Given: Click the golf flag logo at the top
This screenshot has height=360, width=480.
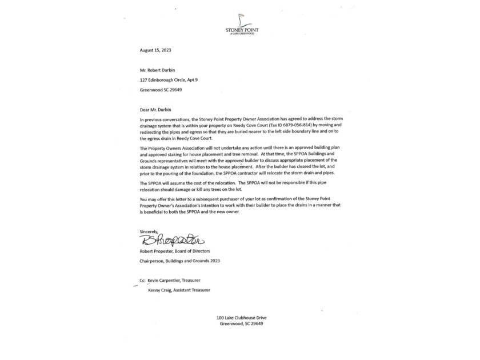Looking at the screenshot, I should [241, 19].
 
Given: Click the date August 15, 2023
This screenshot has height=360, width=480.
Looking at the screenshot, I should [155, 50].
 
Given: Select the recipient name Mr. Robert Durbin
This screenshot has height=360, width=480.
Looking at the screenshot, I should [158, 70].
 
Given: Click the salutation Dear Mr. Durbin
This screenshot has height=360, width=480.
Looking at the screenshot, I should [156, 109].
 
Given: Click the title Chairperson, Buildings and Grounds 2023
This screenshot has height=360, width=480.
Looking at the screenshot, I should [179, 261].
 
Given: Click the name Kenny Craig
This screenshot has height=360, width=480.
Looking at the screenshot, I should [159, 290].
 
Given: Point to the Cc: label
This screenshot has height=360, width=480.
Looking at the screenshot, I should [142, 281].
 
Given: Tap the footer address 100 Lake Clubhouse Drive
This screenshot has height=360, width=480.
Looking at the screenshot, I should [241, 318].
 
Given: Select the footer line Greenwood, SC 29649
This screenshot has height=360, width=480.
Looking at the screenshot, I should [241, 323].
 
